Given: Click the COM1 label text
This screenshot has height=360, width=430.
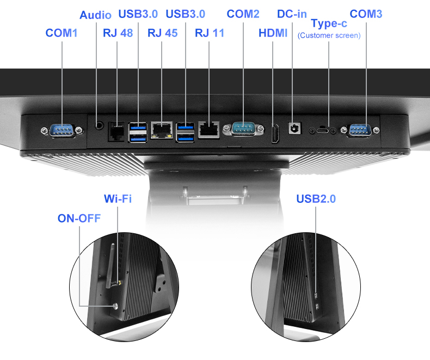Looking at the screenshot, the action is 61,33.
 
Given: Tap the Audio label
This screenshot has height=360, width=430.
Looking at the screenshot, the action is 95,15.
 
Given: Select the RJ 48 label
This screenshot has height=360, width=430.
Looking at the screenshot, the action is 118,33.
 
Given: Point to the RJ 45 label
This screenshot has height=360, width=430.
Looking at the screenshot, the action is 163,33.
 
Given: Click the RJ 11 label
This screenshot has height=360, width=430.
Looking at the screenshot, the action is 210,33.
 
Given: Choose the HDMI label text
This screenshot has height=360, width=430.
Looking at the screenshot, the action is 273,33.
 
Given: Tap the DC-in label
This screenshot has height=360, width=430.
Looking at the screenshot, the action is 292,14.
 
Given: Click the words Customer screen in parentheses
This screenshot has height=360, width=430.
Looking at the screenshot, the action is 329,35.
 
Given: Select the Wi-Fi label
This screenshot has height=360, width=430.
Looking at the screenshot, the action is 118,198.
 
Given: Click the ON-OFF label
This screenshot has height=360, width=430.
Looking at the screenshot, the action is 79,219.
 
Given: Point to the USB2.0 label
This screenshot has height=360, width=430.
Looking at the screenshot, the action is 316,198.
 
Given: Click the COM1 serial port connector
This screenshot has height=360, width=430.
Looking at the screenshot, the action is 62,130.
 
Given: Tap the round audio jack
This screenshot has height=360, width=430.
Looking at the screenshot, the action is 99,125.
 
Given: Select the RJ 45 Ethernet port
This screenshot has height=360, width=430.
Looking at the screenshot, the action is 162,130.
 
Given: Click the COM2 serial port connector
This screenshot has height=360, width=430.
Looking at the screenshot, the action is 243,129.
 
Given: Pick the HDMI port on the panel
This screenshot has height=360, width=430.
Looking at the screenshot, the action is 275,133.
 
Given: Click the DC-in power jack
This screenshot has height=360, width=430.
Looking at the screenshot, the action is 295,128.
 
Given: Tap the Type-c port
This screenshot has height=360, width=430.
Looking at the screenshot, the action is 322,130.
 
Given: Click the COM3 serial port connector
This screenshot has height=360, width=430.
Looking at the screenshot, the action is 360,130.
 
